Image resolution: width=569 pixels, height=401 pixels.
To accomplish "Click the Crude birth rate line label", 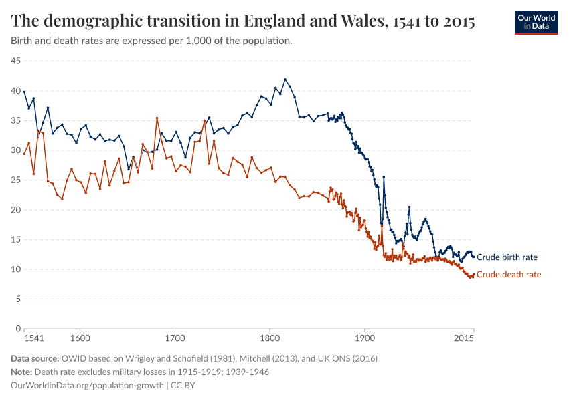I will point(506,257).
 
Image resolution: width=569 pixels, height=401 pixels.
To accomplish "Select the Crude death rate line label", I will point(508,275).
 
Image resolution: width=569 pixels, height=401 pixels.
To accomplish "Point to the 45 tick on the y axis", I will point(15,61).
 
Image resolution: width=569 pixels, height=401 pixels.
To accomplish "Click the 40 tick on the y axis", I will point(15,91).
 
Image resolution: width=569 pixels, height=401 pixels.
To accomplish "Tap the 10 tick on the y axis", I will point(15,269).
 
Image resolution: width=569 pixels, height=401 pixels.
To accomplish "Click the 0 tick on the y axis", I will point(18,329).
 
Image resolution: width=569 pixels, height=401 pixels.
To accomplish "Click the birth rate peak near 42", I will point(285,79).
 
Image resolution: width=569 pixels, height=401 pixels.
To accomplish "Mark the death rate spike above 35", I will point(157,118).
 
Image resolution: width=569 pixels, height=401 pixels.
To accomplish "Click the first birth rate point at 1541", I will point(24,92).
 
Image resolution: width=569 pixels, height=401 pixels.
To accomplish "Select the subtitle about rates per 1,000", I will point(151,41).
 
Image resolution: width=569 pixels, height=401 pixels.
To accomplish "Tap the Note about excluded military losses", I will point(140,372).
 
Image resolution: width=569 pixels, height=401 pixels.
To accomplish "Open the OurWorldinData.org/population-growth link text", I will point(88,385).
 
